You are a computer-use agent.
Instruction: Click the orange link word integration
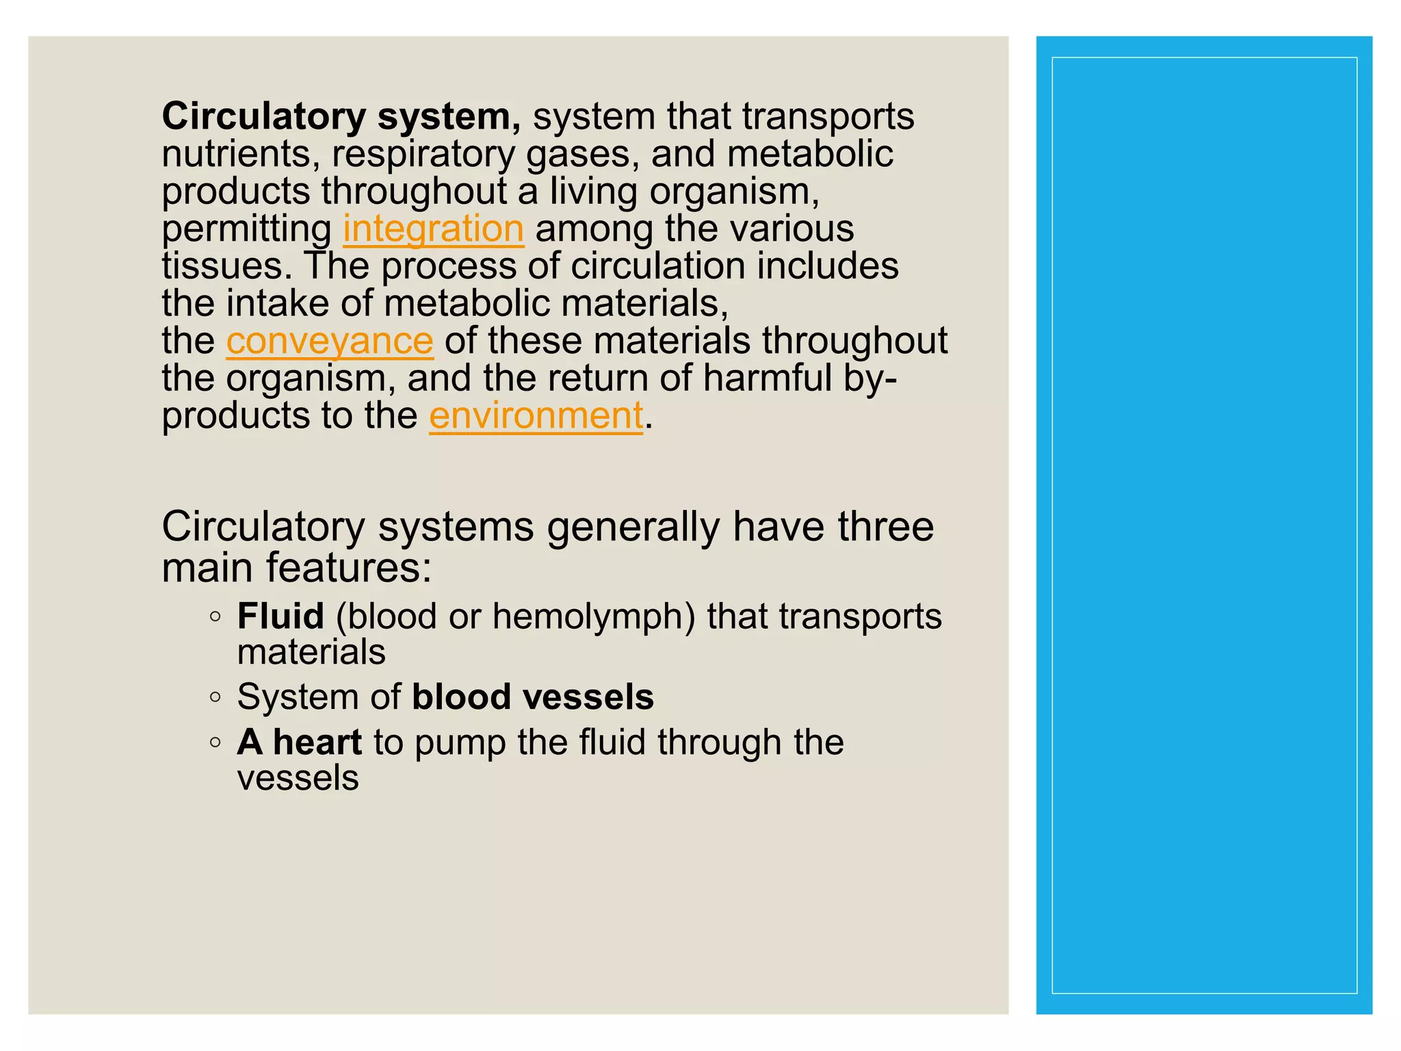[x=433, y=229]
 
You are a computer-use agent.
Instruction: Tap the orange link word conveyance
[x=330, y=341]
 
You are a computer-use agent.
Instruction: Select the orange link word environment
[x=536, y=415]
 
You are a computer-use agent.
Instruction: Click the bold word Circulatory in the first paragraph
[x=264, y=116]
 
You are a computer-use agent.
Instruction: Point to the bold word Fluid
[x=280, y=616]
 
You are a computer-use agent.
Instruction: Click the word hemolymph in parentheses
[x=592, y=616]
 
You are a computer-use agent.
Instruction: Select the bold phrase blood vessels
[x=533, y=697]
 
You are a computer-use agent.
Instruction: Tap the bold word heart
[x=317, y=742]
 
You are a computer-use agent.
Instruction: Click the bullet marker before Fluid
[x=215, y=617]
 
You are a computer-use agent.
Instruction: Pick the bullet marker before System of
[x=215, y=697]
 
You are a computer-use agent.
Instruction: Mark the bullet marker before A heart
[x=215, y=742]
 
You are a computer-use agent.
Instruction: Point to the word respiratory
[x=423, y=154]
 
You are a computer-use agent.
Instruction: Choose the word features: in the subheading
[x=349, y=568]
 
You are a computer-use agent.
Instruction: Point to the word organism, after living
[x=734, y=192]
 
